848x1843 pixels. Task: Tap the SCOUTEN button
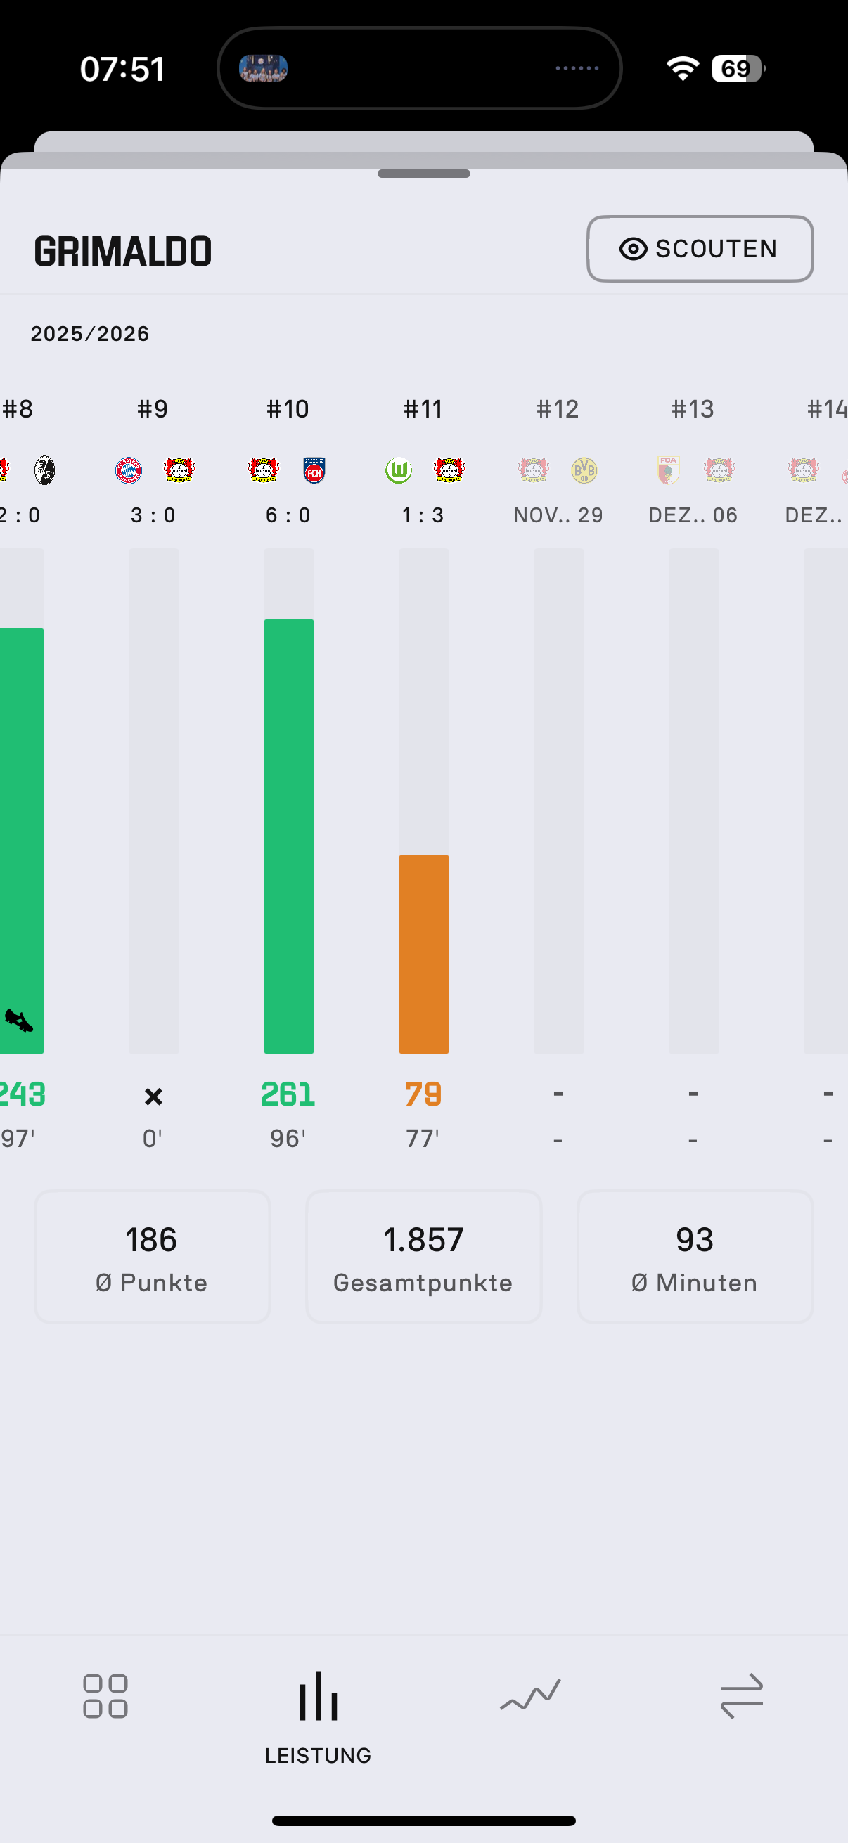coord(699,249)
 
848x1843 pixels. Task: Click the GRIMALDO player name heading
coord(123,251)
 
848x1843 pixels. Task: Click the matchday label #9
coord(153,409)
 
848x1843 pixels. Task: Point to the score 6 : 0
coord(288,515)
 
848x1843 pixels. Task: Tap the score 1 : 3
coord(423,515)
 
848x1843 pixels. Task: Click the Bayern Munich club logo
coord(129,471)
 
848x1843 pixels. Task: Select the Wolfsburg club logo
coord(399,471)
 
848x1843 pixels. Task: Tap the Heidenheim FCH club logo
coord(314,471)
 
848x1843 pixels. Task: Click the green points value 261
coord(288,1094)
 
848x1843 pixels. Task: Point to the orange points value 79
coord(423,1094)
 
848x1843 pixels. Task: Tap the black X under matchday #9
coord(153,1097)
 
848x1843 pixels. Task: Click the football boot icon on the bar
coord(18,1020)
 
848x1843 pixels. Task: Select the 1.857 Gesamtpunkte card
coord(423,1256)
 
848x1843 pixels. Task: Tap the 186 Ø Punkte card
coord(153,1256)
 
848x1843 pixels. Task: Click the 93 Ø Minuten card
coord(695,1256)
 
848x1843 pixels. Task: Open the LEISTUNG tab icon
coord(319,1697)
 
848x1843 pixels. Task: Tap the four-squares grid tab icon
coord(105,1695)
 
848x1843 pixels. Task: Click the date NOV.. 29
coord(558,515)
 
